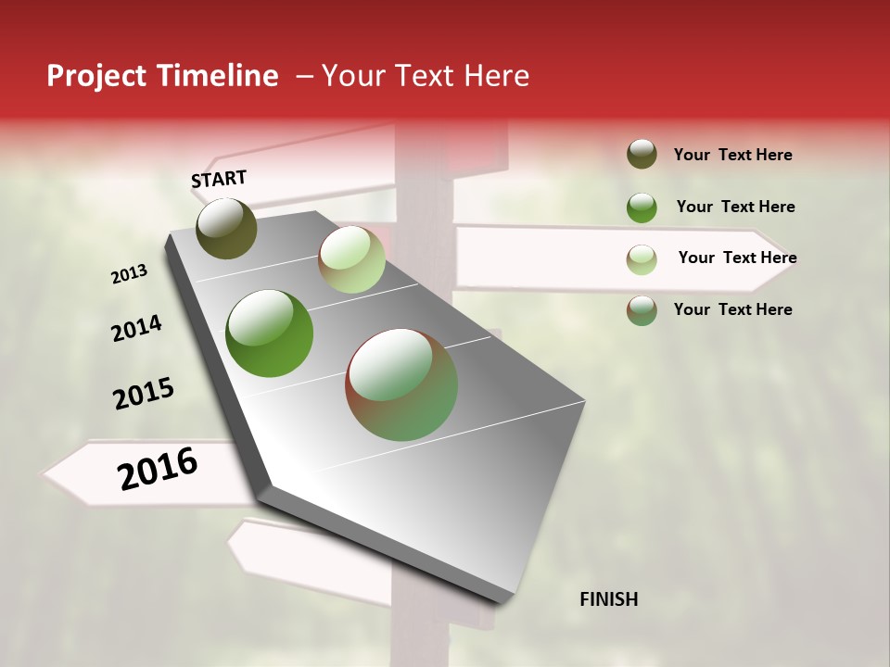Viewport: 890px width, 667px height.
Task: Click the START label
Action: (x=219, y=179)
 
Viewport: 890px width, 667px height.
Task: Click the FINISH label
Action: (x=608, y=599)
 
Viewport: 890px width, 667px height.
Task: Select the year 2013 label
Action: (x=129, y=274)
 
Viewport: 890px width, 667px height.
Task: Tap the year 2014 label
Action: (x=136, y=329)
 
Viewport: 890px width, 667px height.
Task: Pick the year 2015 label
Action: (x=144, y=394)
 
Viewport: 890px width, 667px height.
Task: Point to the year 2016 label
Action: (x=158, y=469)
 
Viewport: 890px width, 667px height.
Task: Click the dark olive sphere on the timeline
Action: (x=226, y=228)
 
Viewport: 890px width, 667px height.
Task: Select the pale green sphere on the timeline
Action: (x=351, y=259)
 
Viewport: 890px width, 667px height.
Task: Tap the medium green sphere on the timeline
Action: (x=270, y=333)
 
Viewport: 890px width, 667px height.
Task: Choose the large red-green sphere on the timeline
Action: (x=401, y=384)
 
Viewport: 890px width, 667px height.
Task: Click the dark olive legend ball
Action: (x=642, y=155)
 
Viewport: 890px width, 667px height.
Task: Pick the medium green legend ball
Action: (x=642, y=208)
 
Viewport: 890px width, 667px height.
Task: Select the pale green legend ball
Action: (x=642, y=259)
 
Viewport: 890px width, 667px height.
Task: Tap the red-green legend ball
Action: (x=642, y=310)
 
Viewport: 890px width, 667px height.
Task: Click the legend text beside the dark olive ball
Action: (x=732, y=156)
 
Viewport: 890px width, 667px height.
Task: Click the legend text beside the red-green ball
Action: (x=732, y=309)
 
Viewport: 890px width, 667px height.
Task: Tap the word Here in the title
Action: (x=496, y=76)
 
